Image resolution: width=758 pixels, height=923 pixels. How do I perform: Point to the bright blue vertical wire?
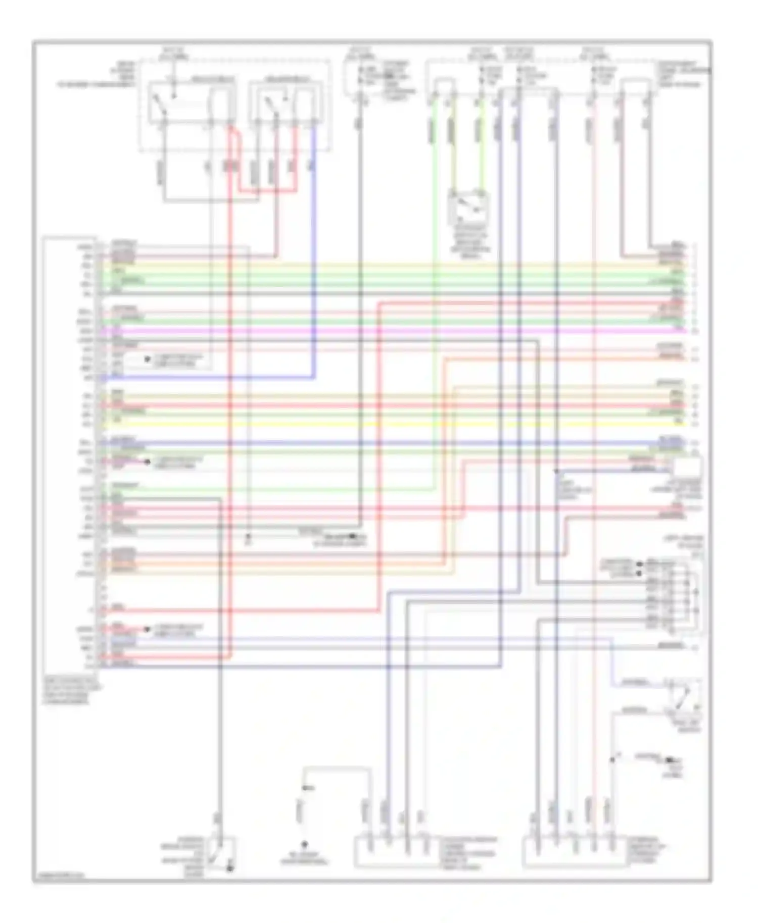tap(313, 252)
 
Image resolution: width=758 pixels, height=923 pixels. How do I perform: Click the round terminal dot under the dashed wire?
tap(304, 843)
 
